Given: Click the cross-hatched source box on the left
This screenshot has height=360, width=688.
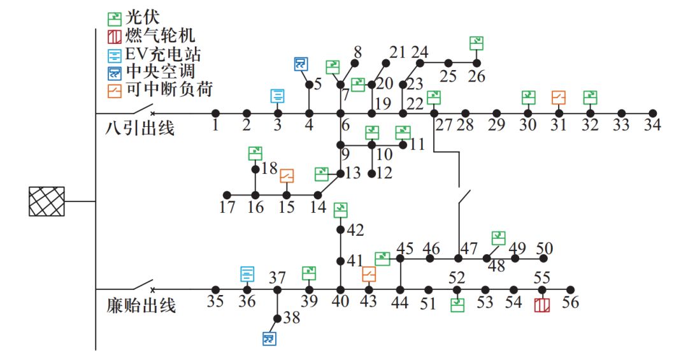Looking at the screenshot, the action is [x=47, y=201].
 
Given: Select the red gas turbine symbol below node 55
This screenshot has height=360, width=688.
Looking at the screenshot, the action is [x=541, y=305].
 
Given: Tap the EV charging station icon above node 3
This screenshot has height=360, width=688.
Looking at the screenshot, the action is [x=278, y=96].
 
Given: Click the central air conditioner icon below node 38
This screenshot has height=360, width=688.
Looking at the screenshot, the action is [x=270, y=338].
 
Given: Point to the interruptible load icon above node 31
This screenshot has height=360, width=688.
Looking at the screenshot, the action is [x=559, y=97].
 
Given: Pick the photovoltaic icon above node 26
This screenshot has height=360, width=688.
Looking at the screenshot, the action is [x=477, y=43].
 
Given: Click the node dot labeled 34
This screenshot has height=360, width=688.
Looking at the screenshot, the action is [x=652, y=113].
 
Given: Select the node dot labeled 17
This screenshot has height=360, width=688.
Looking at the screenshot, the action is [x=226, y=195].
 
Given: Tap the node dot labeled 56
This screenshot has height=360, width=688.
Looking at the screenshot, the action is [x=570, y=289].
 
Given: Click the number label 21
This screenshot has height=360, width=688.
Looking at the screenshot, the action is [x=398, y=52].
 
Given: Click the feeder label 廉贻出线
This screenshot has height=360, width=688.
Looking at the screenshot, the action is [x=141, y=306].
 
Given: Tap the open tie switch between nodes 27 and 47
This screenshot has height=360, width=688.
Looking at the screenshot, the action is [x=466, y=196].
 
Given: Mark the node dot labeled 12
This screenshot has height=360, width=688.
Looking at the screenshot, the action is [x=372, y=173].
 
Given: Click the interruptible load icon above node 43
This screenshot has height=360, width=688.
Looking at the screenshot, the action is [x=369, y=274].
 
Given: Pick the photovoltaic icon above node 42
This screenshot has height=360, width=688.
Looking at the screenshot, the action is [x=341, y=209].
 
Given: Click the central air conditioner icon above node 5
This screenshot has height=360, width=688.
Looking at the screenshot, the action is [x=301, y=64].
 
